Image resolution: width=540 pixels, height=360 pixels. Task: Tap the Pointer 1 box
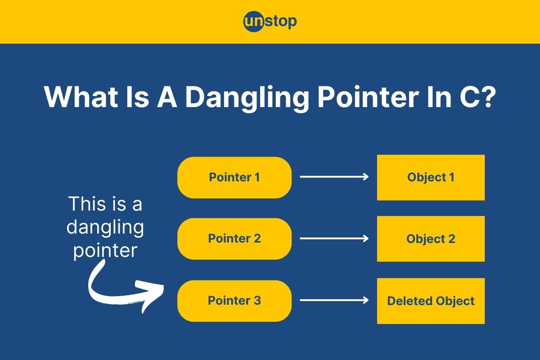point(234,177)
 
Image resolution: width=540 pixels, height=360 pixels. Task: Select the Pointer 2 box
point(234,238)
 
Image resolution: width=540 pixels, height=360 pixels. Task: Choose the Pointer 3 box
point(234,301)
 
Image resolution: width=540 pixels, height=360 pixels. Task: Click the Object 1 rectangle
point(431,177)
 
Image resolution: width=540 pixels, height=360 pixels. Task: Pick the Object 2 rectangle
point(431,238)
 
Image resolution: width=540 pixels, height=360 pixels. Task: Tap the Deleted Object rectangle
point(431,301)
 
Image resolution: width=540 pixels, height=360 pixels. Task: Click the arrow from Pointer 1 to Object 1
point(334,177)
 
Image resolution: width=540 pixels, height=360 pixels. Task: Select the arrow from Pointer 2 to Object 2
point(334,238)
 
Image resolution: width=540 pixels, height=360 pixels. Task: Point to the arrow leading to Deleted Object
point(334,301)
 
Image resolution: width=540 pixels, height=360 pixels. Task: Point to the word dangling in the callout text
point(105,228)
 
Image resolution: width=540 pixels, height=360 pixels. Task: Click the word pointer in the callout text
point(105,250)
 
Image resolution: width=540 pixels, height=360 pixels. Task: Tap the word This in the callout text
point(86,204)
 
